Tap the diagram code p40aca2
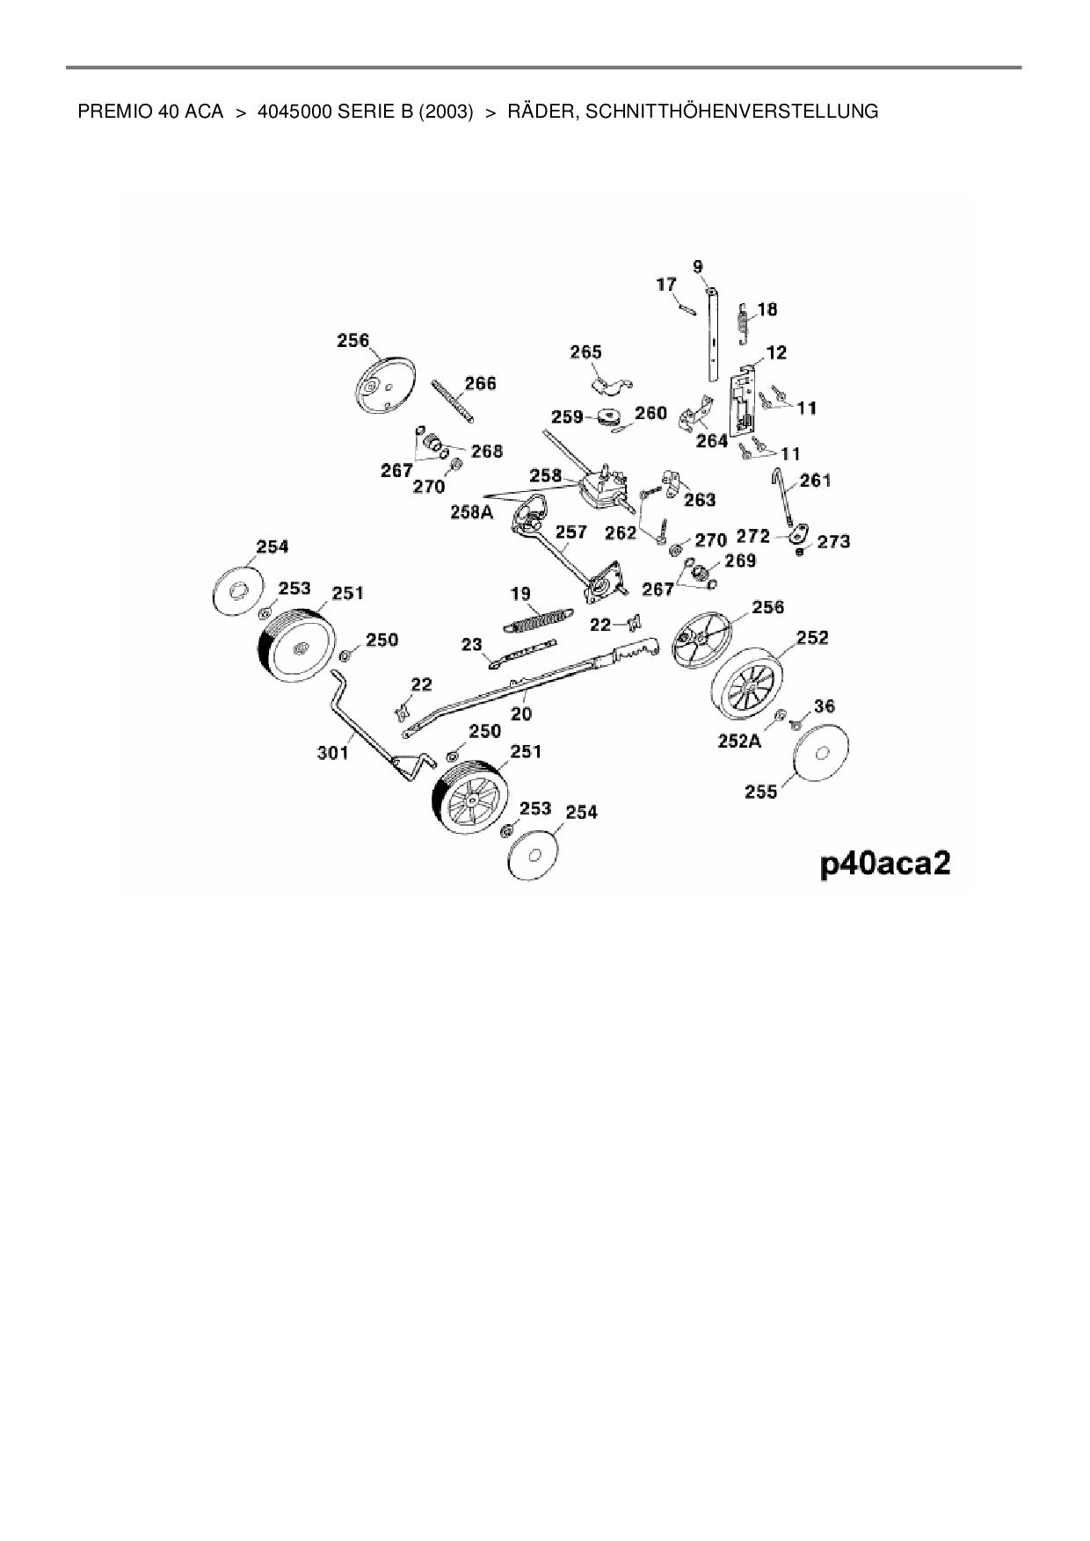(885, 864)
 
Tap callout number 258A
(471, 511)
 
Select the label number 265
(585, 352)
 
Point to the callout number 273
(833, 541)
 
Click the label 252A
(739, 741)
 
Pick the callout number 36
(825, 705)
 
